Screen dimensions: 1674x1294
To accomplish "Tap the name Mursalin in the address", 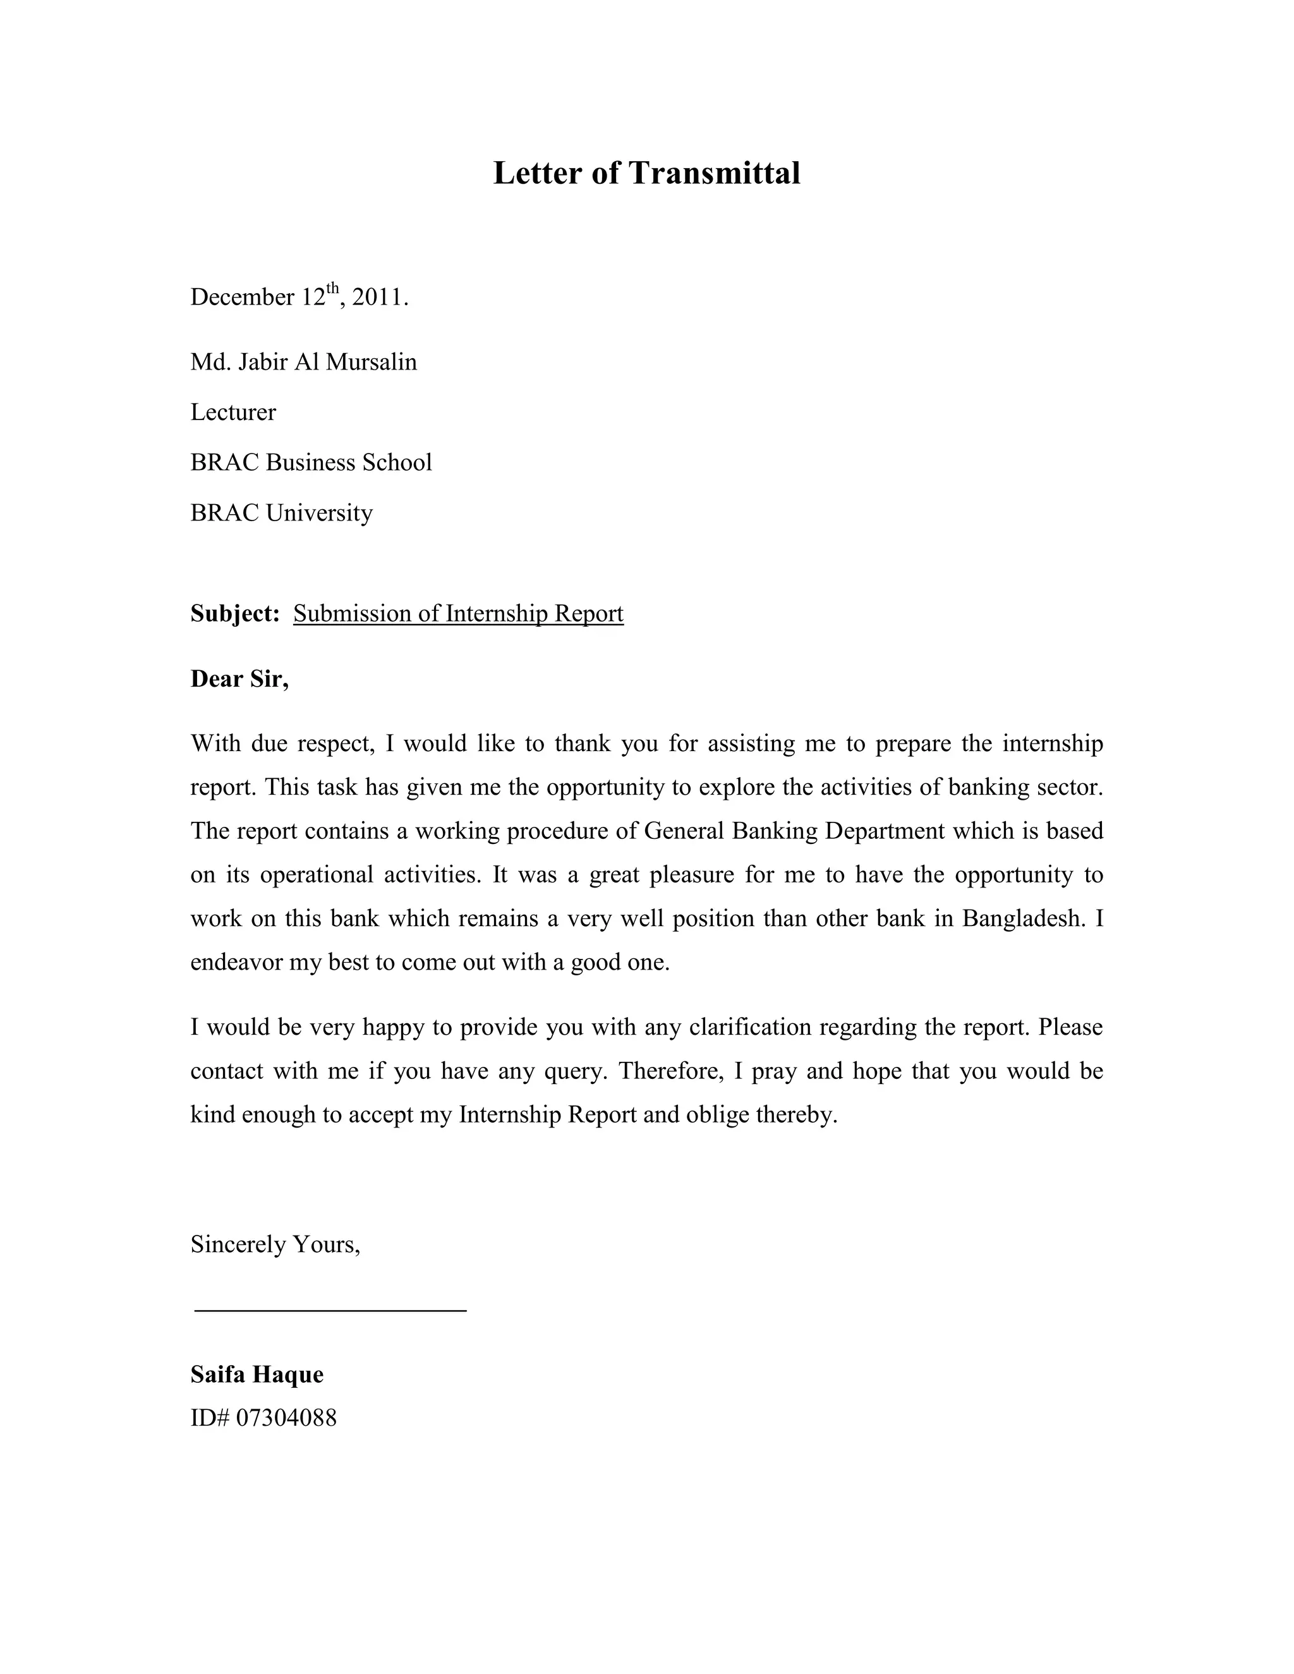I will click(371, 362).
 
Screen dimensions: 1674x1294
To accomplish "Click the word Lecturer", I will click(233, 412).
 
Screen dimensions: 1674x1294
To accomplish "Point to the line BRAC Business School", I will click(311, 462).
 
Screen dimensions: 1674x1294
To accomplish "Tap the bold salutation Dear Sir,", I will click(239, 678).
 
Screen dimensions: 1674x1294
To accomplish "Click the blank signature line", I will click(330, 1310).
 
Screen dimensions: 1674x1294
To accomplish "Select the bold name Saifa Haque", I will click(257, 1375).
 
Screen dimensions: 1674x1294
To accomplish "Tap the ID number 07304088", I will click(286, 1418).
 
